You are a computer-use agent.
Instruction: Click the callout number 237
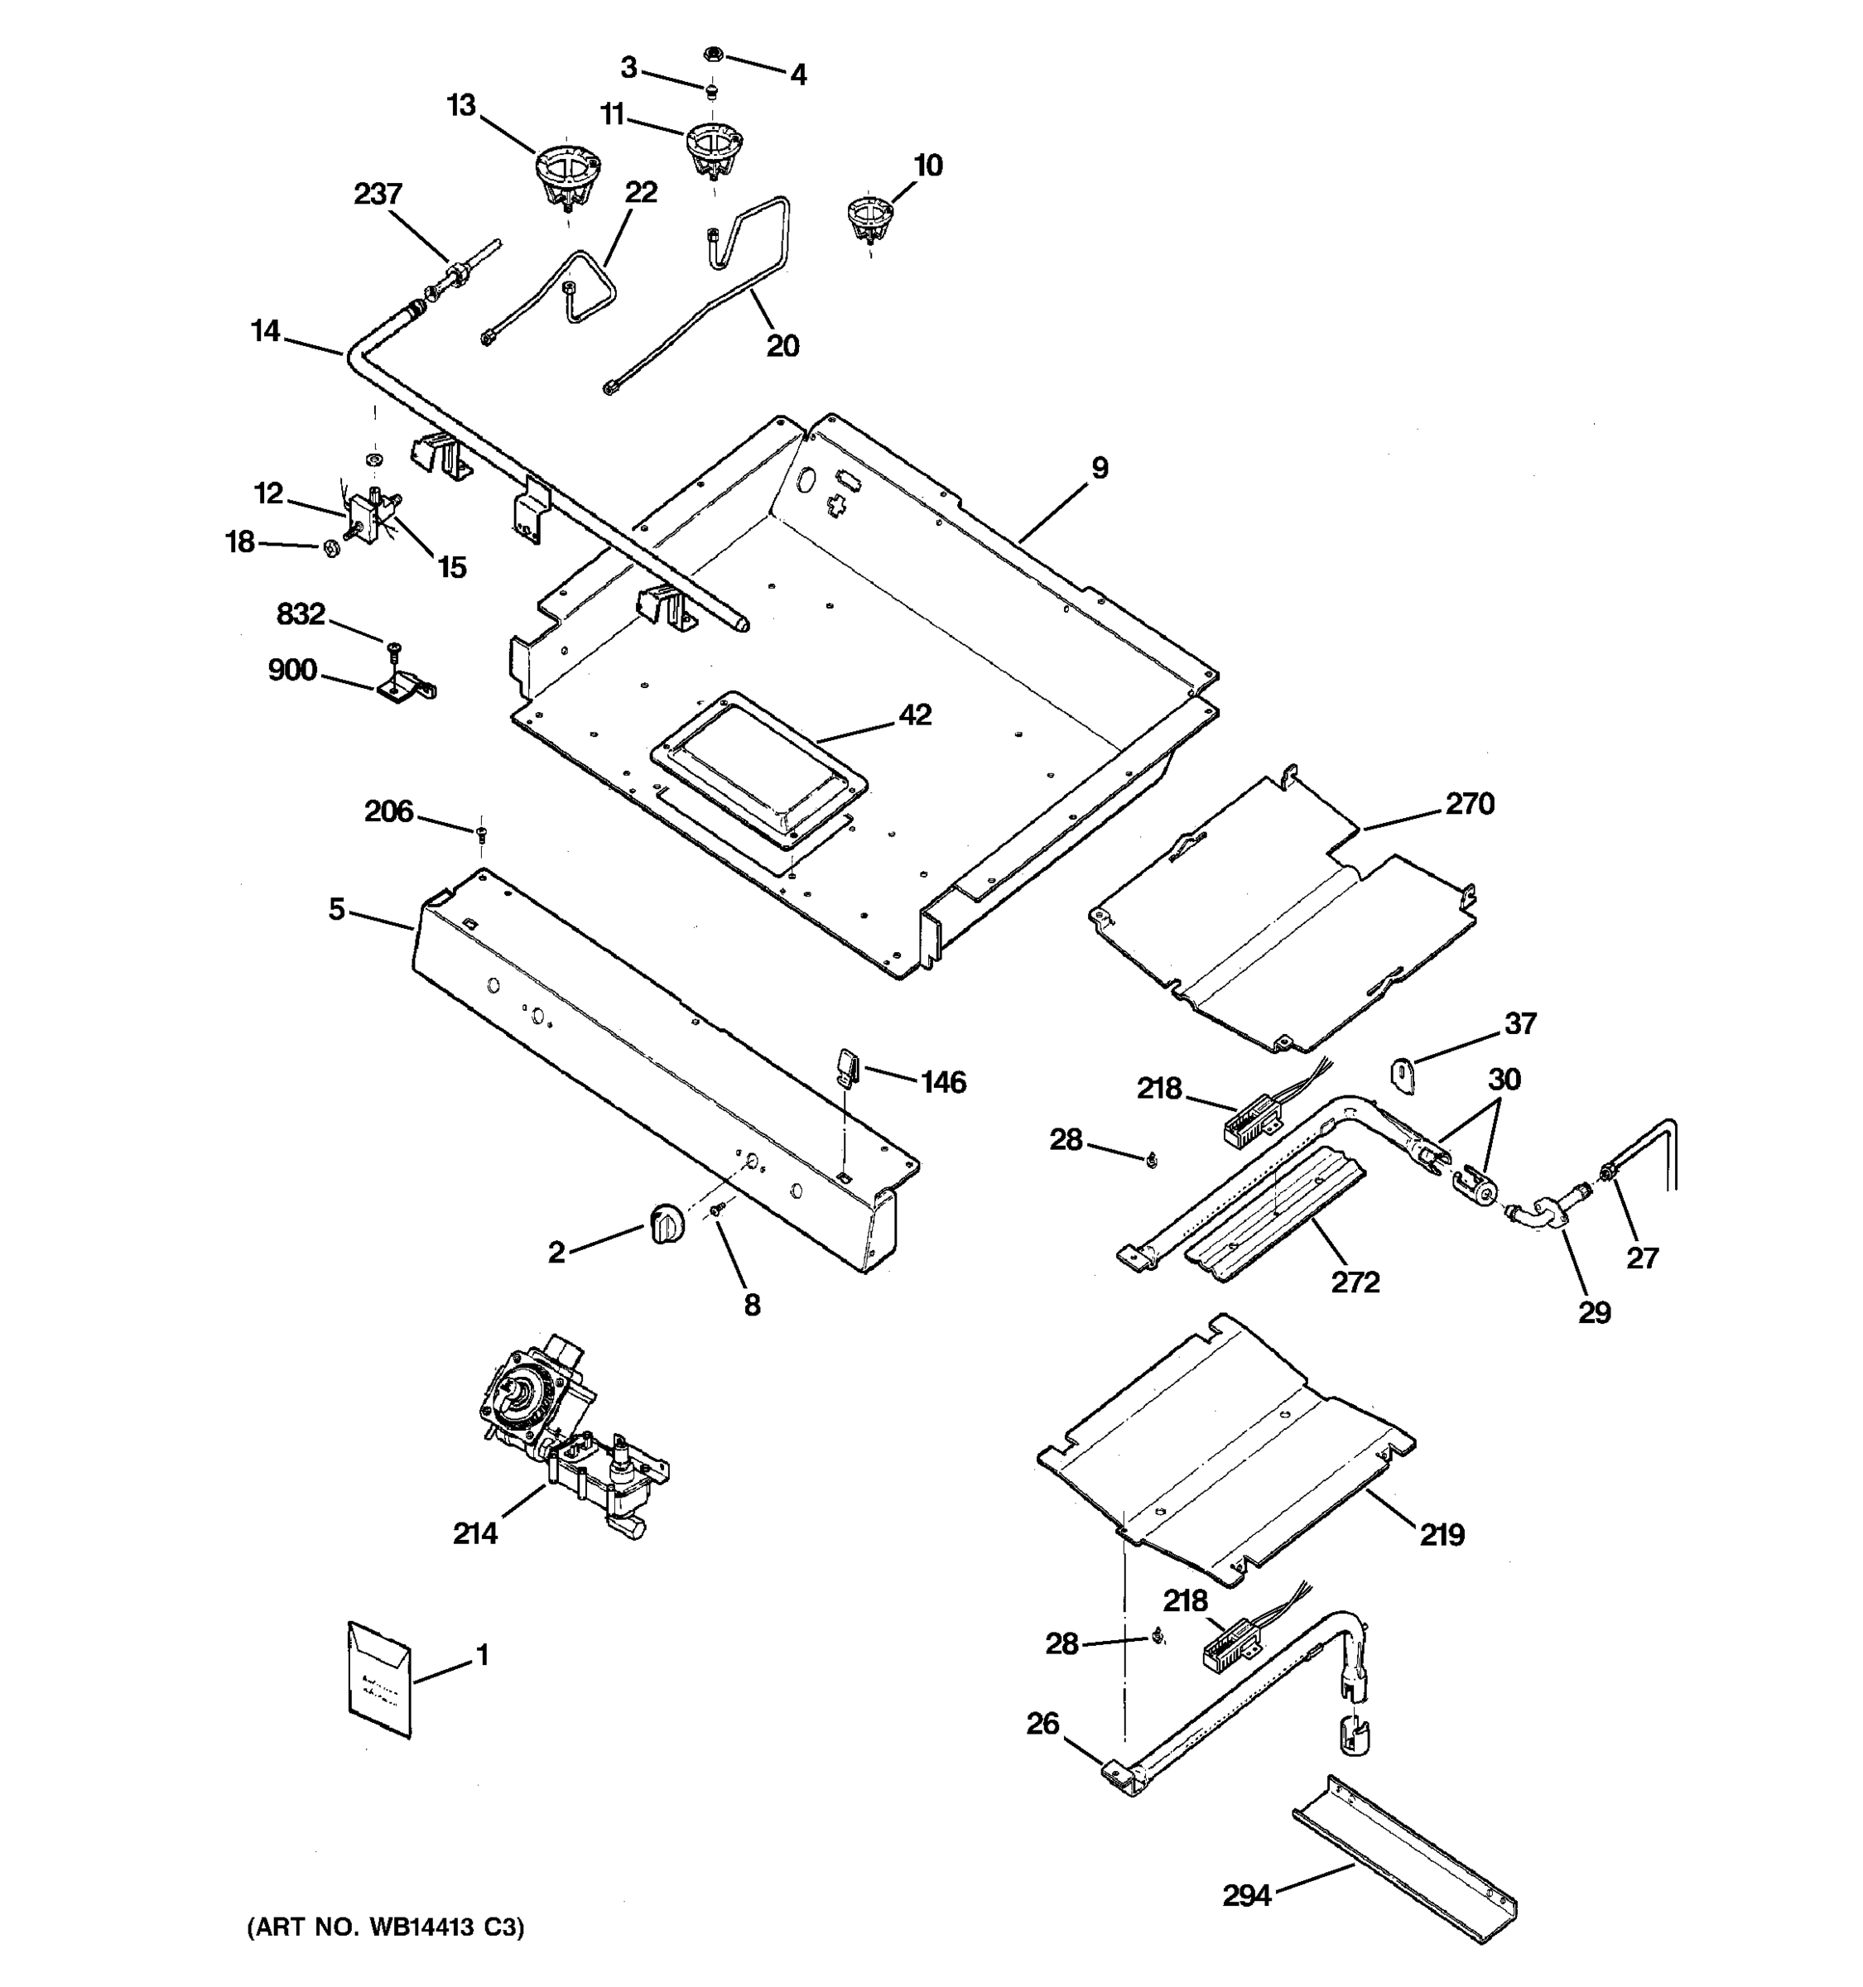pos(378,194)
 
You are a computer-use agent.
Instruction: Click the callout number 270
pos(1469,804)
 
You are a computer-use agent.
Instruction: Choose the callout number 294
pos(1246,1895)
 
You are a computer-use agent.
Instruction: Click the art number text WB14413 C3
pos(386,1927)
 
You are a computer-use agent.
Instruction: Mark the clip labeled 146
pos(848,1066)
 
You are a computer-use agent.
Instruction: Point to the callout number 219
pos(1442,1534)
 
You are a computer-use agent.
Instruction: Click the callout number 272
pos(1355,1282)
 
